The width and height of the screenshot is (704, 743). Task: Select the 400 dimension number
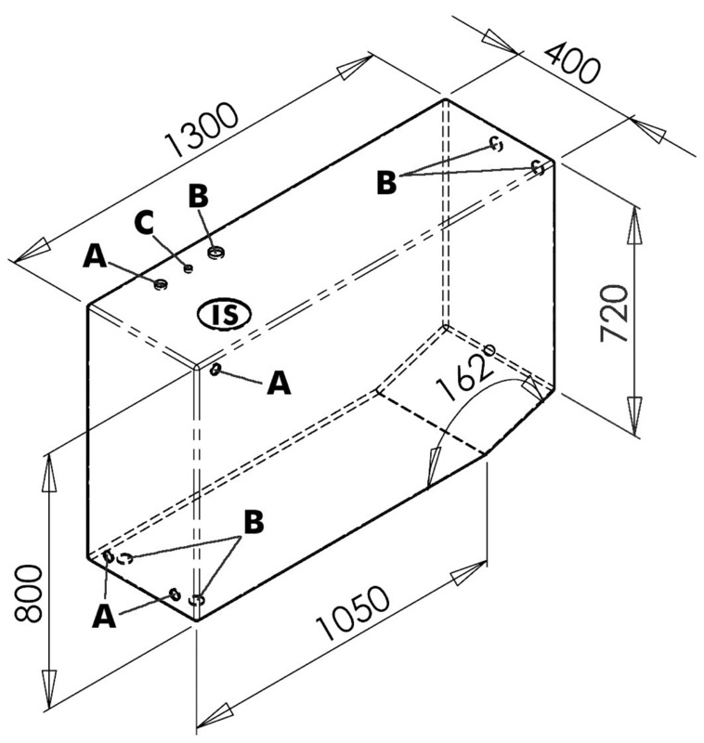(572, 62)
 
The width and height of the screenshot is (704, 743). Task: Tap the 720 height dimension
(615, 313)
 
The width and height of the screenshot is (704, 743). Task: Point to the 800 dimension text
(28, 593)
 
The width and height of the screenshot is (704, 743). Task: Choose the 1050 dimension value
(353, 613)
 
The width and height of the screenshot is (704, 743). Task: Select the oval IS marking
(224, 314)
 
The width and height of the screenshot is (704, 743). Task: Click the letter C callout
(144, 223)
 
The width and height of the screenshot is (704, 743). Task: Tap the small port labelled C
(189, 268)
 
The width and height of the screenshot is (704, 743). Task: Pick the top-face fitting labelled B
(216, 253)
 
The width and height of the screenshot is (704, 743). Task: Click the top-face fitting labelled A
(161, 284)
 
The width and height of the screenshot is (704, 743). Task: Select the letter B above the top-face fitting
(198, 196)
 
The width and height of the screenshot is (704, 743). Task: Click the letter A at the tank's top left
(95, 256)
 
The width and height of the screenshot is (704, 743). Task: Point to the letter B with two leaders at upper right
(386, 183)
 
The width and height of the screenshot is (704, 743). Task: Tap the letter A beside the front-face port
(279, 383)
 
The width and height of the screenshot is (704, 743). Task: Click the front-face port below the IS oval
(215, 369)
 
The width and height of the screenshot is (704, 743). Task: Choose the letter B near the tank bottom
(254, 522)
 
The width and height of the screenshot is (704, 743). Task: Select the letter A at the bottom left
(104, 617)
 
